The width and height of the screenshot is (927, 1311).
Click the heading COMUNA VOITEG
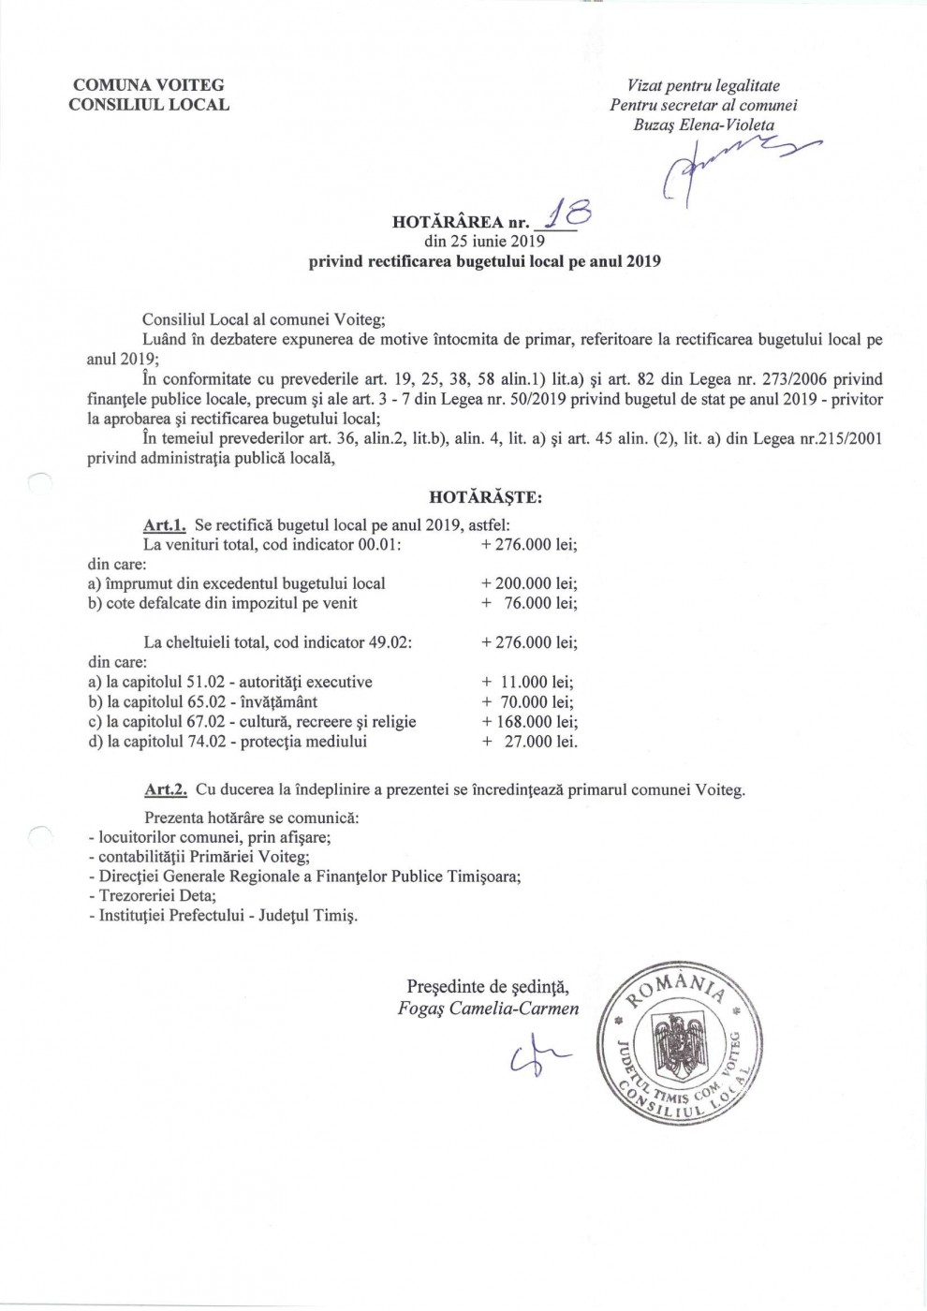[x=149, y=85]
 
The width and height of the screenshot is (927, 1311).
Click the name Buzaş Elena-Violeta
[x=703, y=125]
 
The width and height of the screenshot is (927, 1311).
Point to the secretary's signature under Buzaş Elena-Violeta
[x=730, y=164]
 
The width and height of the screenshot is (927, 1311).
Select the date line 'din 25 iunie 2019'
[x=484, y=241]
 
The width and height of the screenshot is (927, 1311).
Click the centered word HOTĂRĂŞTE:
[x=485, y=497]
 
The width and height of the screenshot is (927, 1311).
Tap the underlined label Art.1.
[x=166, y=526]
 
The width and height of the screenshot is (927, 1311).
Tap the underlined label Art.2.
[x=166, y=789]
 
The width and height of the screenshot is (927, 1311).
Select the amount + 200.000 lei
[x=529, y=583]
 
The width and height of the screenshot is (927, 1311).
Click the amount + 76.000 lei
[x=529, y=603]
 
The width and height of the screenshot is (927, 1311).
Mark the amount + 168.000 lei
[x=529, y=722]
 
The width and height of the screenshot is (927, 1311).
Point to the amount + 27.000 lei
[x=529, y=742]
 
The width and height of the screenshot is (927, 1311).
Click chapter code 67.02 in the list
[x=205, y=722]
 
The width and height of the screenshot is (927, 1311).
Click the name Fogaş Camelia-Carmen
[x=488, y=1009]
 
